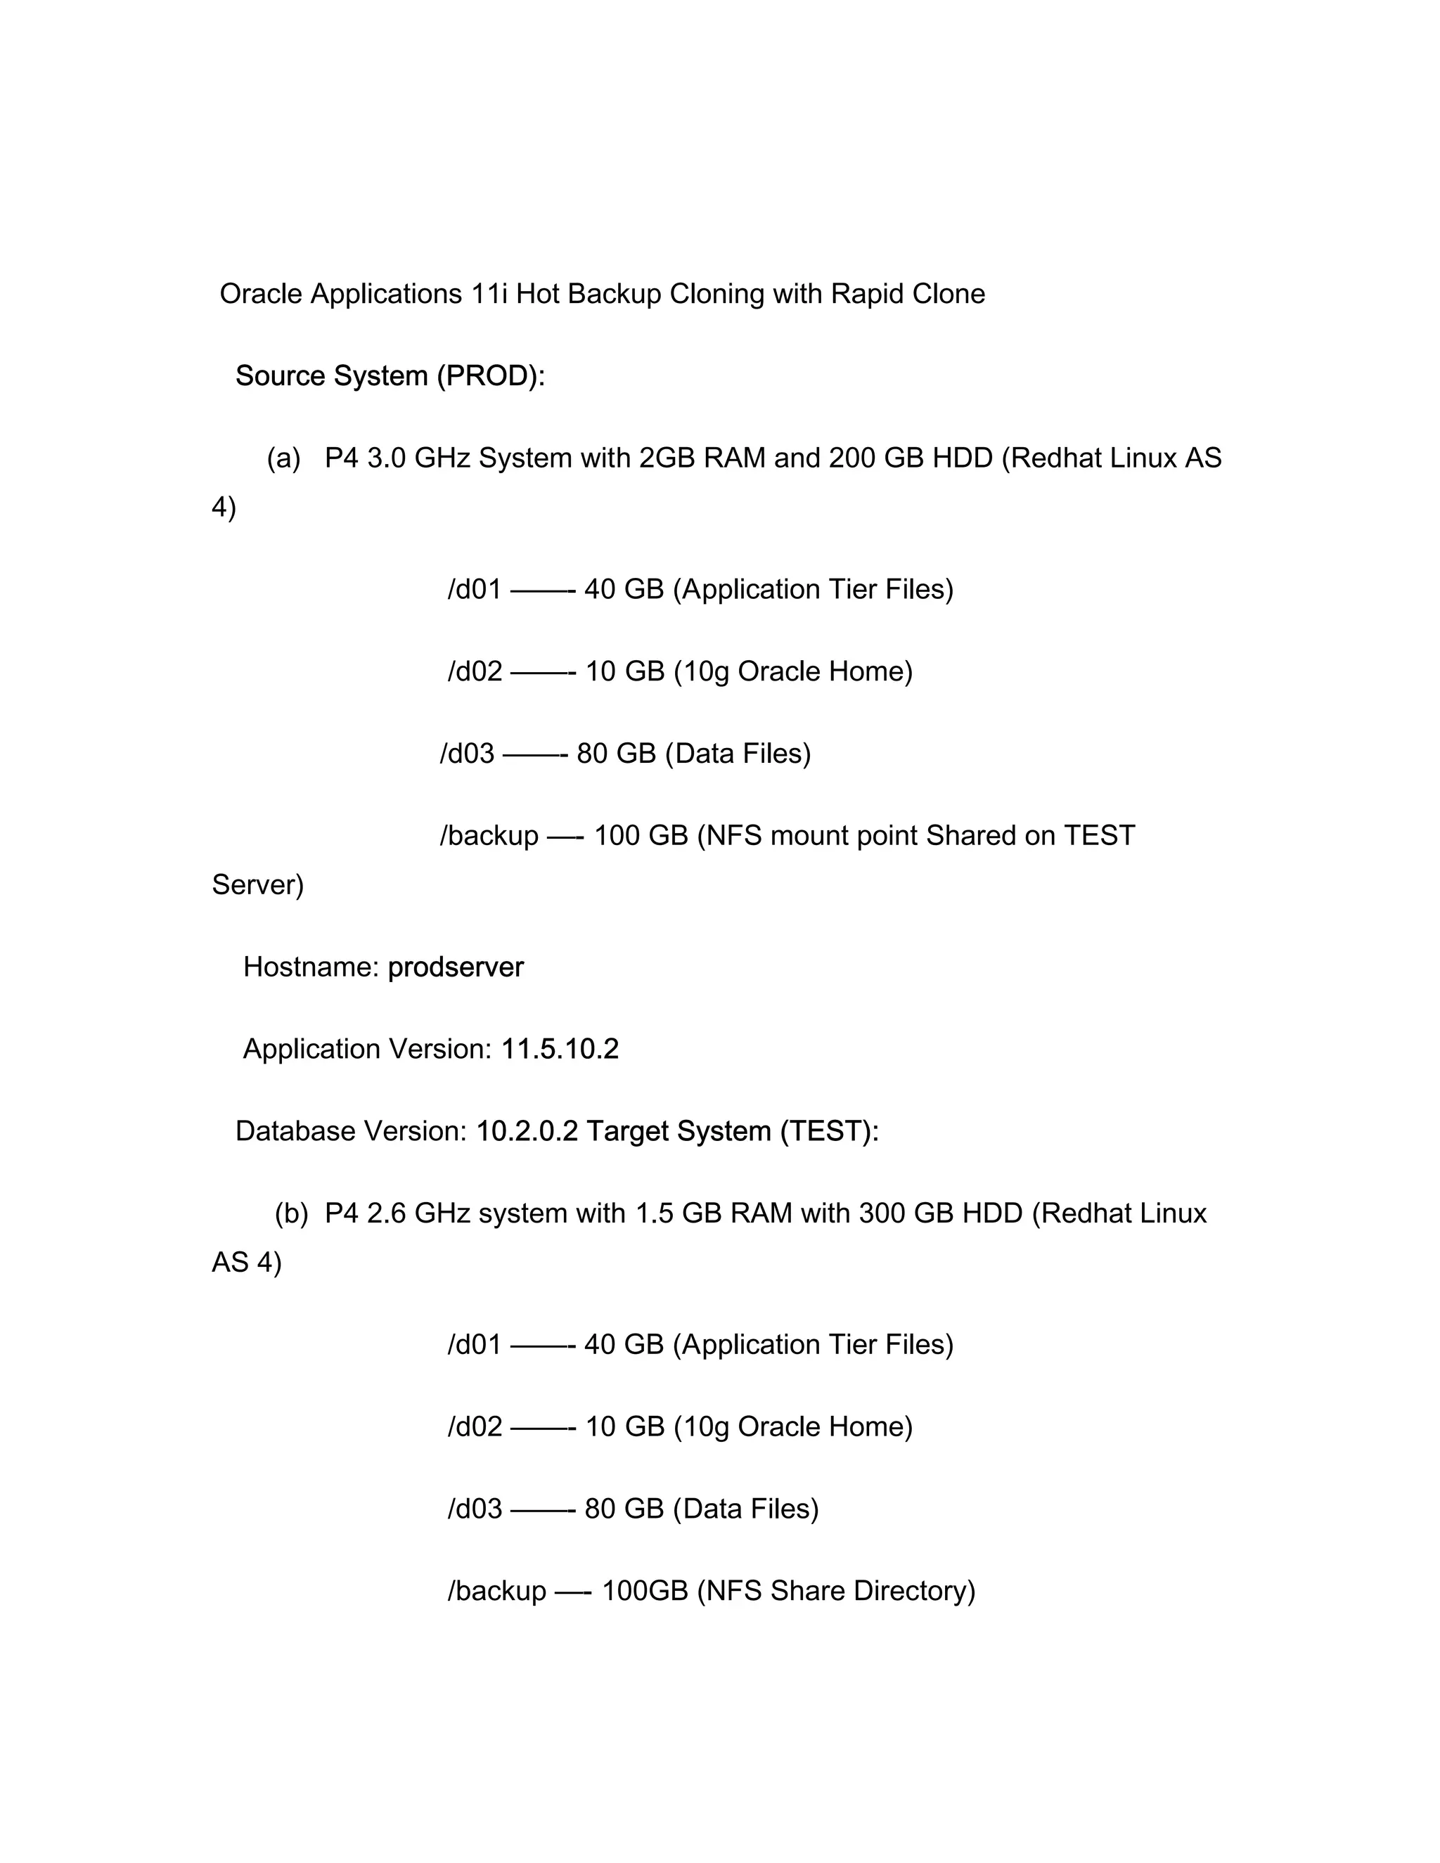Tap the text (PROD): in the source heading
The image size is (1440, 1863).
tap(491, 376)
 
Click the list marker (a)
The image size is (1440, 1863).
tap(283, 459)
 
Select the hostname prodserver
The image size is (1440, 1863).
tap(456, 967)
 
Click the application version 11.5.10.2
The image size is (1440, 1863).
tap(560, 1049)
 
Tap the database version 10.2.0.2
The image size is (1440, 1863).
tap(527, 1132)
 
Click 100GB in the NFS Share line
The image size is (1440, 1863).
tap(645, 1591)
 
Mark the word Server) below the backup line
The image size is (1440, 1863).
tap(257, 885)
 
